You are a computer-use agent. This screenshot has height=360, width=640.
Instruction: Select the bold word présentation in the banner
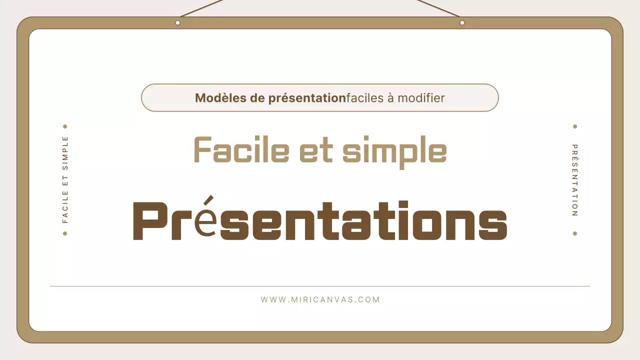tap(307, 98)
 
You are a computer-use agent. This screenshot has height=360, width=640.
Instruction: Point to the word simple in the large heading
tap(394, 151)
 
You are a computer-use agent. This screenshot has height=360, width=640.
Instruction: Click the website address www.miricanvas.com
tap(320, 300)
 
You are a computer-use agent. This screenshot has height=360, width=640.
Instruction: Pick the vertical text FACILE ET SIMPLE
tap(65, 179)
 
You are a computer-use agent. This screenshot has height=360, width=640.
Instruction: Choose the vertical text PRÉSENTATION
tap(575, 180)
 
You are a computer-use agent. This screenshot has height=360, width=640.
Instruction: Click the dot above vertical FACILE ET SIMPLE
tap(65, 127)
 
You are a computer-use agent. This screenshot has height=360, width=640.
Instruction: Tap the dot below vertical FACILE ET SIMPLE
tap(65, 233)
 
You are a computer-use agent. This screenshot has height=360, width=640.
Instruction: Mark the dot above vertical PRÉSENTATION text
tap(575, 127)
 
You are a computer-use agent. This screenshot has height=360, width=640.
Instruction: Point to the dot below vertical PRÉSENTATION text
tap(575, 233)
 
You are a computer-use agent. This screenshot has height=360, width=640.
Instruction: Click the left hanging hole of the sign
tap(177, 22)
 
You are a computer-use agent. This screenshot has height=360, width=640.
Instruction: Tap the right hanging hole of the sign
tap(462, 22)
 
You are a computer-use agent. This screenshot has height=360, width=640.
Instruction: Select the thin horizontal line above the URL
tap(320, 286)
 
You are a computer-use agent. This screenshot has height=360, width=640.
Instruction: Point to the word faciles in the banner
tap(364, 98)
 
